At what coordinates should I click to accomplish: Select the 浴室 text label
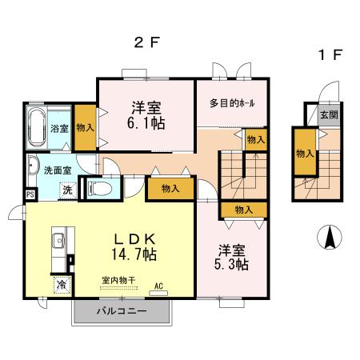[x=58, y=128]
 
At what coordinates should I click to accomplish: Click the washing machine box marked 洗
[x=68, y=190]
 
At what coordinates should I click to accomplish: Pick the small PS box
[x=30, y=194]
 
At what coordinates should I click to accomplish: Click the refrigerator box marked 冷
[x=61, y=284]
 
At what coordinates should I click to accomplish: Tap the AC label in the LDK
[x=158, y=285]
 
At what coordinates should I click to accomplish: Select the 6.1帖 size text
[x=146, y=124]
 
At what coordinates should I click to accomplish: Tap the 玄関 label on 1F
[x=329, y=115]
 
